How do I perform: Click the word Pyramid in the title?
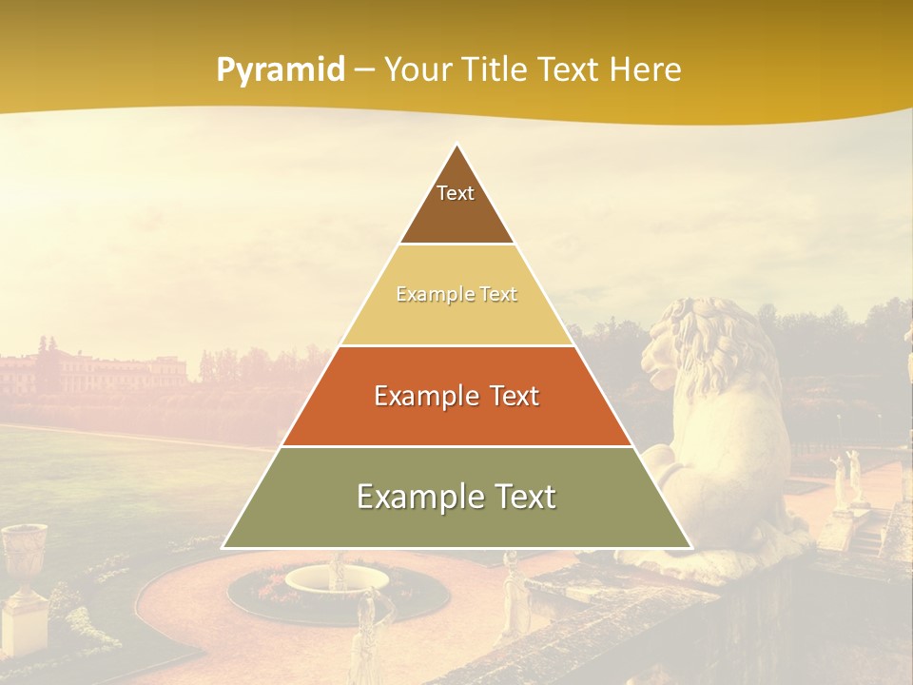(281, 69)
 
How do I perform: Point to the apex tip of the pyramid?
(456, 145)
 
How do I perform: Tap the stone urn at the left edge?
(24, 561)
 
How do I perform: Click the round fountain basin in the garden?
(337, 577)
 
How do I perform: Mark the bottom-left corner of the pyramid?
(223, 547)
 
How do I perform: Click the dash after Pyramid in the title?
(363, 71)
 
